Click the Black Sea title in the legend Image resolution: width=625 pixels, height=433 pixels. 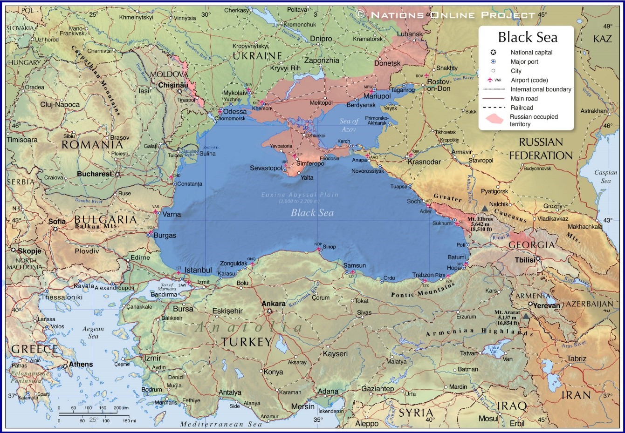point(528,37)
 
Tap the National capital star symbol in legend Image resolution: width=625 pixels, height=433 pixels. point(493,52)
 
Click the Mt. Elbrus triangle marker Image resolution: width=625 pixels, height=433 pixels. point(485,209)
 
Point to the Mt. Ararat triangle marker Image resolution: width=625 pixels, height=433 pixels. point(526,316)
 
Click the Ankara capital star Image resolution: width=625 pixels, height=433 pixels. point(269,311)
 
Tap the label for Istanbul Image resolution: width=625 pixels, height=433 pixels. point(198,270)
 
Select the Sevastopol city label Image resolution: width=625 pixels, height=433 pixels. point(266,168)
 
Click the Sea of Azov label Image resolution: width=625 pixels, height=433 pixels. point(349,125)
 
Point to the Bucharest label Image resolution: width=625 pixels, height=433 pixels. point(95,174)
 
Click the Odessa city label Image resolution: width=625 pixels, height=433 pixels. point(235,112)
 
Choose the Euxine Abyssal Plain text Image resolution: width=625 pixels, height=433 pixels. point(300,195)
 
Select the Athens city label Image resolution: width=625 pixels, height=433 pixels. point(81,365)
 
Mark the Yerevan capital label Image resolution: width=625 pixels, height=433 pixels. point(546,306)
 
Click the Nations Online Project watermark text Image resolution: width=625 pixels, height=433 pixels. point(452,15)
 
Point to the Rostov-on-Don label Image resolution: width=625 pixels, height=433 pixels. point(439,85)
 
